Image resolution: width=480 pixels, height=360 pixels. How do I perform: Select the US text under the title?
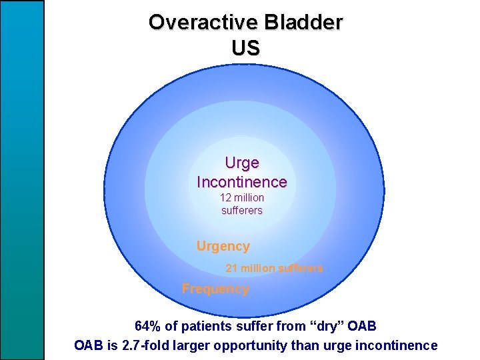point(245,48)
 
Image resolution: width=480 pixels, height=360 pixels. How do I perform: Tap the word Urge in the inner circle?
point(242,163)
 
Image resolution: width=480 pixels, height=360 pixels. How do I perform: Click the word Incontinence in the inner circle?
point(242,181)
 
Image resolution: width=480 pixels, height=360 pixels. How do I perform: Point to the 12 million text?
point(242,198)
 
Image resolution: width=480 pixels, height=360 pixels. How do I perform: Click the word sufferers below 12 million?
point(242,211)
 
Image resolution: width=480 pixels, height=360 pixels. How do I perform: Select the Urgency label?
point(223,246)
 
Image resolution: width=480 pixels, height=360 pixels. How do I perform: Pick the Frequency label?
point(215,289)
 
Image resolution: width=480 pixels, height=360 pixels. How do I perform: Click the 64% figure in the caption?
point(147,327)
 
